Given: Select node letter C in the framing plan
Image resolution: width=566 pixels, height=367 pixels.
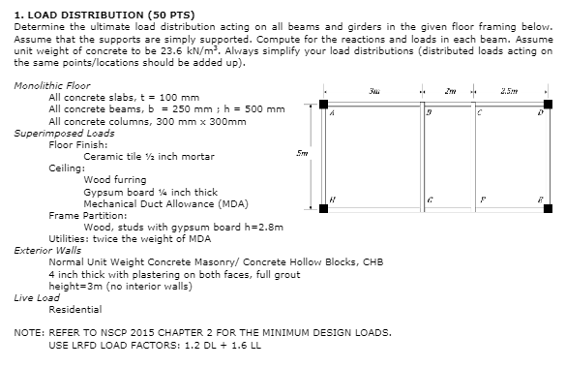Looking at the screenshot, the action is [x=479, y=113].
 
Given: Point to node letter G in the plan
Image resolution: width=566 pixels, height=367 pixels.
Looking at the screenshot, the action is [x=429, y=198].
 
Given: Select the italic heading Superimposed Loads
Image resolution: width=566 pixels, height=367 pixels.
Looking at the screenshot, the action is [x=57, y=135].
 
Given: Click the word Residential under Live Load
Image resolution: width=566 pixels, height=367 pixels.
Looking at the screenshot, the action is [x=74, y=309].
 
